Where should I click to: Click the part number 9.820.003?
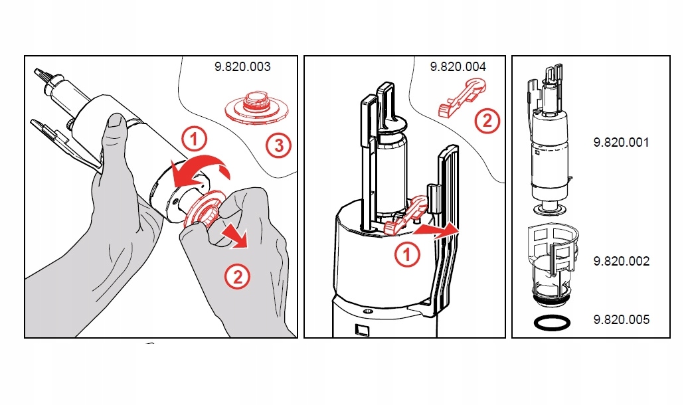[x=242, y=67]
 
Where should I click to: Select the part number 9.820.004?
[x=458, y=67]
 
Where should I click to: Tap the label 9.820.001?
[x=621, y=143]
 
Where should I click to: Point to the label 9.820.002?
[x=621, y=261]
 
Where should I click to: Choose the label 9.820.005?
[x=621, y=320]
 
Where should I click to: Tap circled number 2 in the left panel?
[x=237, y=276]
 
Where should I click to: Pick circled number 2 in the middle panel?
[x=487, y=121]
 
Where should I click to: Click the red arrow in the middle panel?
[x=435, y=230]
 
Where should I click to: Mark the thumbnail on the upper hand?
[x=116, y=121]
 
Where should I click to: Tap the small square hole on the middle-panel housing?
[x=362, y=328]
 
